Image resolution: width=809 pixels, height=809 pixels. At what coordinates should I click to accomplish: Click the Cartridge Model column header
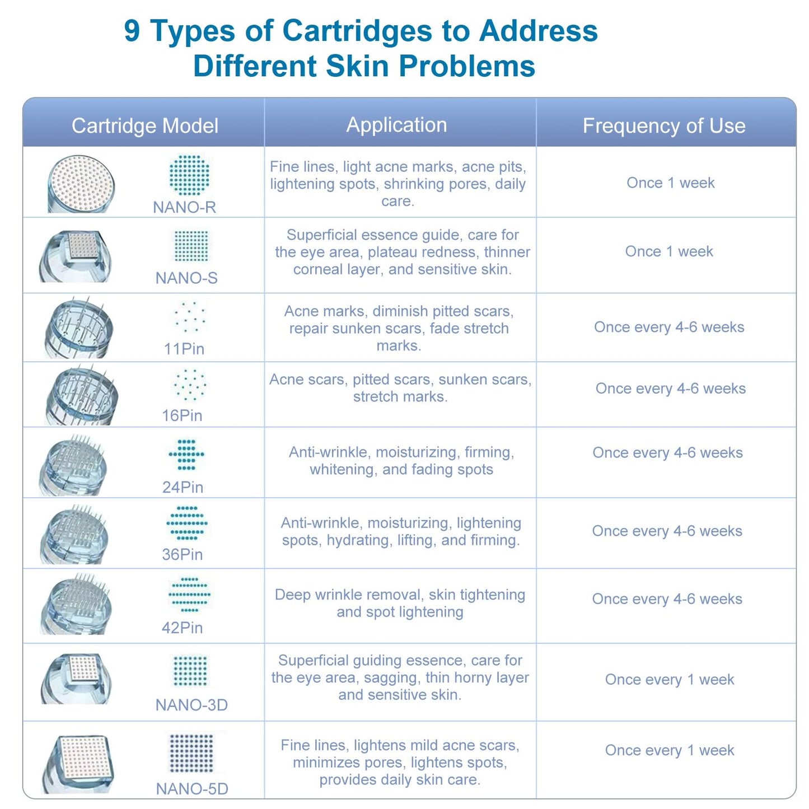(x=144, y=126)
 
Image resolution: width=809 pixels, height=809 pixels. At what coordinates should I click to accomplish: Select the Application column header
(x=396, y=125)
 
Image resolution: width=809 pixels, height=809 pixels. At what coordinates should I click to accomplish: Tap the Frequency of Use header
(x=664, y=126)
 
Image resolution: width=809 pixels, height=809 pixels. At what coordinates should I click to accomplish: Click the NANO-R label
(x=184, y=207)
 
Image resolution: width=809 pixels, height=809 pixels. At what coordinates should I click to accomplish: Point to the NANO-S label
(x=186, y=278)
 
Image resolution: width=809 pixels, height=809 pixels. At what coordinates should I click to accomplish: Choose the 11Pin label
(x=184, y=349)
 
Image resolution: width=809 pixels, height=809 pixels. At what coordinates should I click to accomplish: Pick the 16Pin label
(x=182, y=415)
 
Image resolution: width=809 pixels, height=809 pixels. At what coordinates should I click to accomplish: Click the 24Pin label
(x=183, y=487)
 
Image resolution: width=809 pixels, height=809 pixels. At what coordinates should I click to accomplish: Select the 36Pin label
(x=182, y=554)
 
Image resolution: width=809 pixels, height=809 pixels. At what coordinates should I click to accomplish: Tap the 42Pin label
(x=182, y=628)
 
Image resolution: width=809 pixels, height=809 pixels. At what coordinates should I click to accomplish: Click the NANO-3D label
(x=191, y=705)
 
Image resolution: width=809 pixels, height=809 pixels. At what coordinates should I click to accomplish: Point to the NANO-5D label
(x=192, y=789)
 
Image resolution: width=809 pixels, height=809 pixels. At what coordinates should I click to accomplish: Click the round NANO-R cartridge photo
(x=81, y=184)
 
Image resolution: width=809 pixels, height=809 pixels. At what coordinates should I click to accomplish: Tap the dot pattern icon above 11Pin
(x=190, y=317)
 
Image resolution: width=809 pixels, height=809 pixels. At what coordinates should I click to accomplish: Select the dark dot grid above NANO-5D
(x=191, y=753)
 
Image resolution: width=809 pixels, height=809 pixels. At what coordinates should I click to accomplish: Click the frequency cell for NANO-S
(x=669, y=251)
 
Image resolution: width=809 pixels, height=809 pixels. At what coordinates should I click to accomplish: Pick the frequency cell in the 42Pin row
(x=667, y=599)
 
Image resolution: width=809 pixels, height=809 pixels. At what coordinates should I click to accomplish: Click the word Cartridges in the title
(x=358, y=31)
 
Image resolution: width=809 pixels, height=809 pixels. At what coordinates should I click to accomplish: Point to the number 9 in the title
(x=132, y=31)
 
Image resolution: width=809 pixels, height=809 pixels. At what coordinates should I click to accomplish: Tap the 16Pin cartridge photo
(x=82, y=395)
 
